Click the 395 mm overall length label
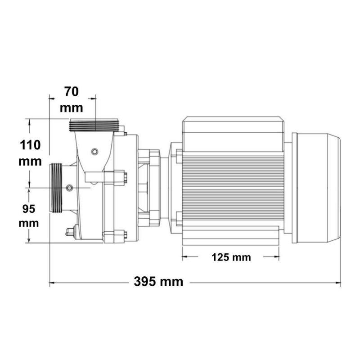pos(158,282)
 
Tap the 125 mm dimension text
pos(231,257)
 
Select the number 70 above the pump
pos(72,92)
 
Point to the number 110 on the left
pos(30,145)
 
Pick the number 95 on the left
pos(29,209)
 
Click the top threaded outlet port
pos(94,125)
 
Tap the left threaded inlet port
pos(56,188)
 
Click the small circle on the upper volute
pos(94,152)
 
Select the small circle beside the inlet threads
pos(69,188)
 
